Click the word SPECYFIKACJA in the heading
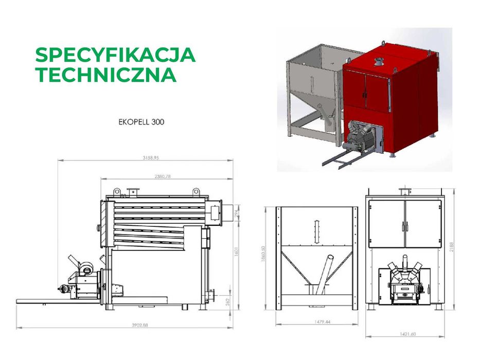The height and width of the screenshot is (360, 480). (115, 55)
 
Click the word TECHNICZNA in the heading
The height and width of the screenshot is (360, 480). (105, 75)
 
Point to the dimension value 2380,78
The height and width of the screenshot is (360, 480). (162, 176)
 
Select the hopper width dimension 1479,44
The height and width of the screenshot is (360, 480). (316, 321)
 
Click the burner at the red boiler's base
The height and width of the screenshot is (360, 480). (360, 136)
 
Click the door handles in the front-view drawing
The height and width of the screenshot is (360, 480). (405, 226)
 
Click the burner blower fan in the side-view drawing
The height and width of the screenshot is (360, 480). (85, 265)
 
